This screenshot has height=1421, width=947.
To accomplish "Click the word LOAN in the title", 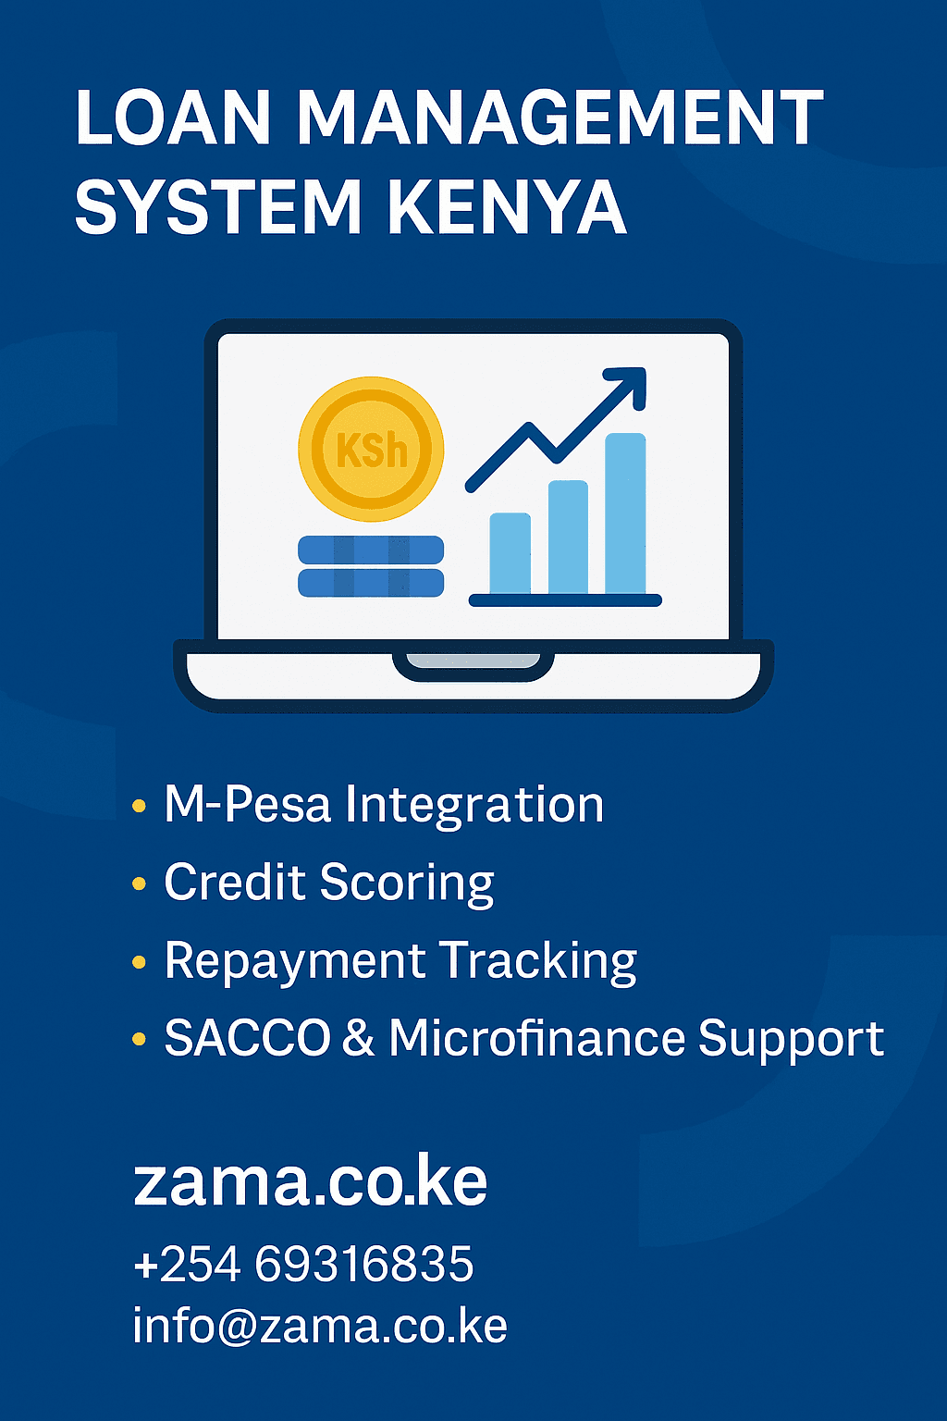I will (x=173, y=118).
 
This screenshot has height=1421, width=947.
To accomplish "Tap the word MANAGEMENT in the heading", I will (x=560, y=118).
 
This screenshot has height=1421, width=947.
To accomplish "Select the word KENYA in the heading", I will (x=507, y=207).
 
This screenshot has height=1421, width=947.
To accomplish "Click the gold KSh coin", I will (x=371, y=449).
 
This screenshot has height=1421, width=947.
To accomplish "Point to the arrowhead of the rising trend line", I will (x=629, y=384).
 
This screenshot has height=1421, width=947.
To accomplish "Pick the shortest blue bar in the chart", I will (x=510, y=553).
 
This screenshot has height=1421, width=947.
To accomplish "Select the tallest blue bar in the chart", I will (x=625, y=513).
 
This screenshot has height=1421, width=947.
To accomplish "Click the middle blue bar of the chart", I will (x=568, y=537).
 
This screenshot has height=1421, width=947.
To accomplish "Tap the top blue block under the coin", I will (x=371, y=550).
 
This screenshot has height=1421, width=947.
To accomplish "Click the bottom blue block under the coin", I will (x=371, y=583).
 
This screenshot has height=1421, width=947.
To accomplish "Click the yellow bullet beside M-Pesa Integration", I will (x=140, y=806).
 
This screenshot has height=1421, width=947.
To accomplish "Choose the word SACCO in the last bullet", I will (x=247, y=1038).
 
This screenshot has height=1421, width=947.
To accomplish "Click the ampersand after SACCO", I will (x=358, y=1038).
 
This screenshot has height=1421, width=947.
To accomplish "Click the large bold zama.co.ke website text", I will (x=311, y=1181).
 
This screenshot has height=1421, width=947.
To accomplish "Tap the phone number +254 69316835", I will (x=303, y=1264).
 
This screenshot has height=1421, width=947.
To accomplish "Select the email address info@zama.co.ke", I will (x=320, y=1326).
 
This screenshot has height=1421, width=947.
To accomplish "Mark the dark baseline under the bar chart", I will (x=565, y=600).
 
